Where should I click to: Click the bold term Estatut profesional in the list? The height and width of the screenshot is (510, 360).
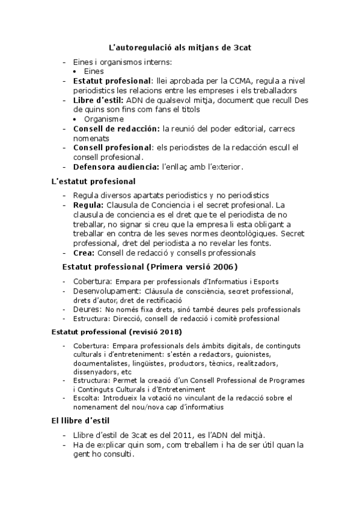[112, 81]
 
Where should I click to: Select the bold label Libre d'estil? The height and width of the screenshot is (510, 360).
[99, 100]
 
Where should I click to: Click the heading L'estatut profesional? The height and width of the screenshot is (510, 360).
[93, 181]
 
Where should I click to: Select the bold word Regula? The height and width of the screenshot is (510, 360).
[88, 205]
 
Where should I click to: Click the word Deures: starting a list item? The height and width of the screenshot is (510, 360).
[87, 309]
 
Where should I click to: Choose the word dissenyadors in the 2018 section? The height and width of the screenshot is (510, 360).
[92, 372]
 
